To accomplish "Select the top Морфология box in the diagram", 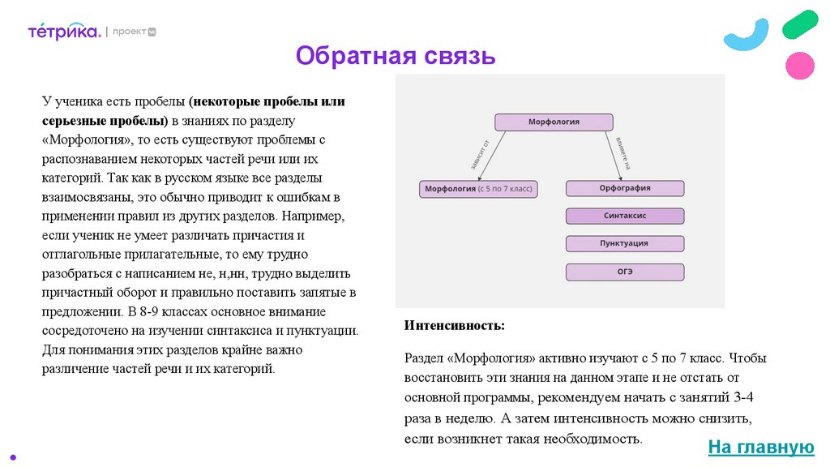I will [554, 122].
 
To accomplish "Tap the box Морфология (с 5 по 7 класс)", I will [479, 189].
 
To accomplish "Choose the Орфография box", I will [624, 188].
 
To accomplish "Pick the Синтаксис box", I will [624, 216].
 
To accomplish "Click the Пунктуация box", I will [624, 243].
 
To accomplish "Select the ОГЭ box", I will [624, 272].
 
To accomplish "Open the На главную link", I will [759, 447].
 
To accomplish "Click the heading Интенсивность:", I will [454, 325].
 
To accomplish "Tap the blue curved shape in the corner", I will [746, 35].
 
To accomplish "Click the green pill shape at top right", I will [800, 24].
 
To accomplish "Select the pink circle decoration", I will [800, 66].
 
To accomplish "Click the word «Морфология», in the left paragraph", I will [90, 139].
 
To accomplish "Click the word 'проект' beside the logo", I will [129, 32].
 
